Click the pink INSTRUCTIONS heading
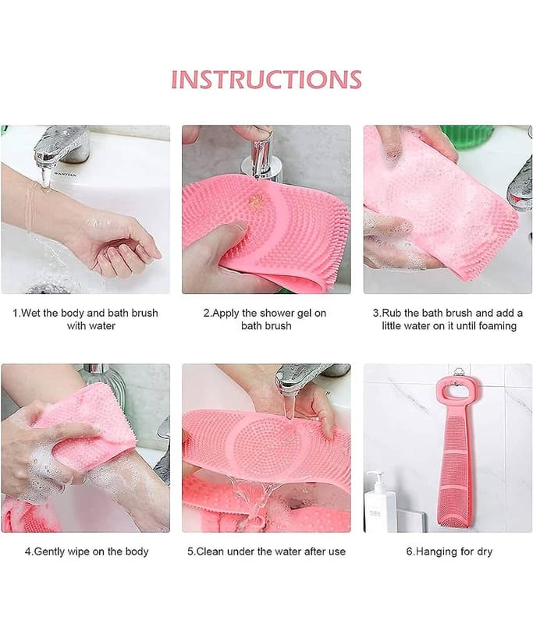[266, 80]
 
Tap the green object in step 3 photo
[467, 138]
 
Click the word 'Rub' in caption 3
[391, 314]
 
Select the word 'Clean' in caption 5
[210, 551]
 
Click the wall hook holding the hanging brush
[459, 373]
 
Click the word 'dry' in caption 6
[484, 552]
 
